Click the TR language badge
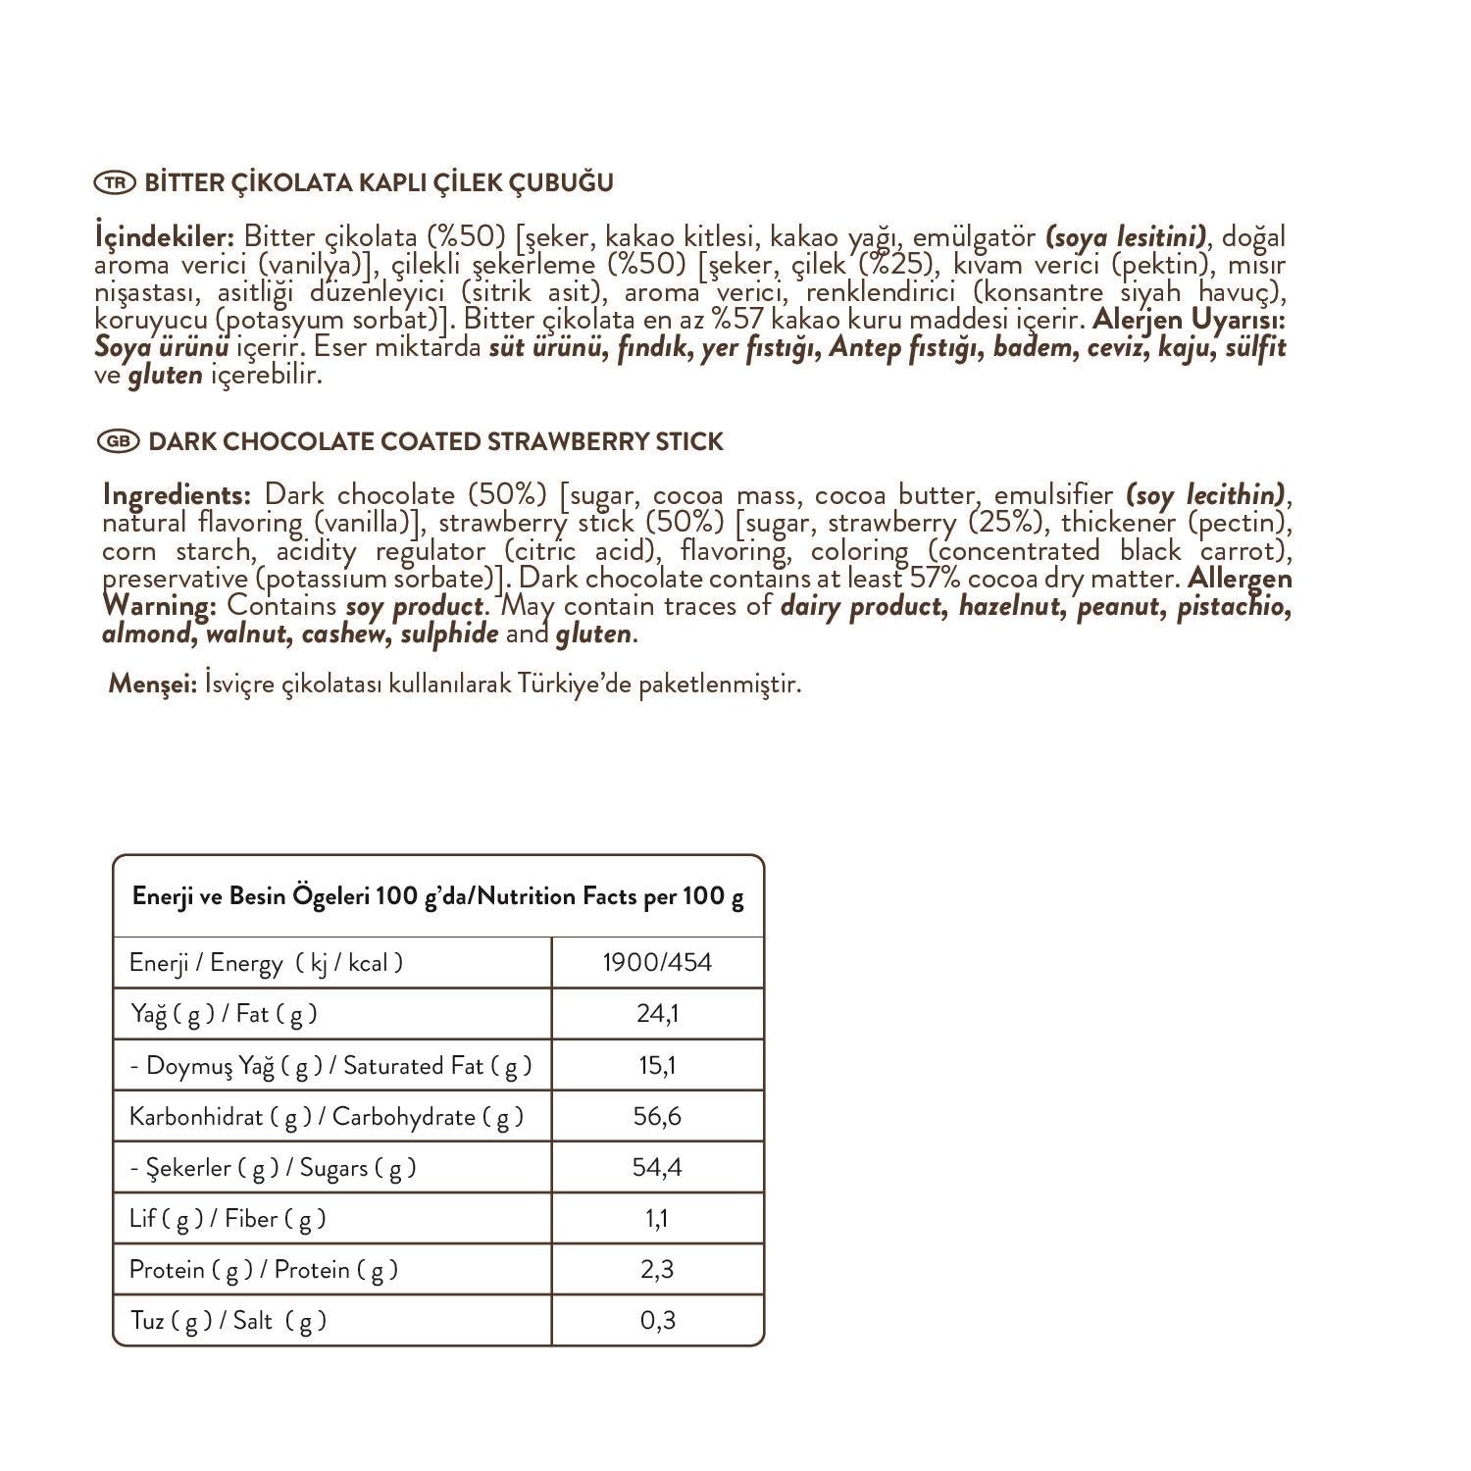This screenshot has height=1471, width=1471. pyautogui.click(x=114, y=183)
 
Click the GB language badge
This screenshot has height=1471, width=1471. pyautogui.click(x=118, y=442)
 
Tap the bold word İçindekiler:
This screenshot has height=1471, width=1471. pyautogui.click(x=164, y=237)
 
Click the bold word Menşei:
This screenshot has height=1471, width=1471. pyautogui.click(x=153, y=684)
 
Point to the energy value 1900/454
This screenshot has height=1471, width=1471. pyautogui.click(x=657, y=963)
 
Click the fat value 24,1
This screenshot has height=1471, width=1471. pyautogui.click(x=657, y=1013)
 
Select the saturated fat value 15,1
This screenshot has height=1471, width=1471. pyautogui.click(x=657, y=1065)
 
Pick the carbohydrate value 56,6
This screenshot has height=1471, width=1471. pyautogui.click(x=657, y=1116)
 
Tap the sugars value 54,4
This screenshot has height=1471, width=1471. pyautogui.click(x=657, y=1167)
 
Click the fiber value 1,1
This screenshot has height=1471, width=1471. pyautogui.click(x=657, y=1219)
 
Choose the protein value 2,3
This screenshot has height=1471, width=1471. pyautogui.click(x=657, y=1270)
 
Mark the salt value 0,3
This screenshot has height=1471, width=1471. pyautogui.click(x=657, y=1321)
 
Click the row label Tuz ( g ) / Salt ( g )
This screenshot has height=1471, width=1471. pyautogui.click(x=228, y=1321)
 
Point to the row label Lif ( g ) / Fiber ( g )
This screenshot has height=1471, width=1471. pyautogui.click(x=228, y=1219)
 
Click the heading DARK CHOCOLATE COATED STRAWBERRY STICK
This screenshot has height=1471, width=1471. pyautogui.click(x=435, y=442)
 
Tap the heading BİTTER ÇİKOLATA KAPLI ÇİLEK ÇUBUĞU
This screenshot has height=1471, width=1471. pyautogui.click(x=379, y=183)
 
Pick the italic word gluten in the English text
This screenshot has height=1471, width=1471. pyautogui.click(x=593, y=634)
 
